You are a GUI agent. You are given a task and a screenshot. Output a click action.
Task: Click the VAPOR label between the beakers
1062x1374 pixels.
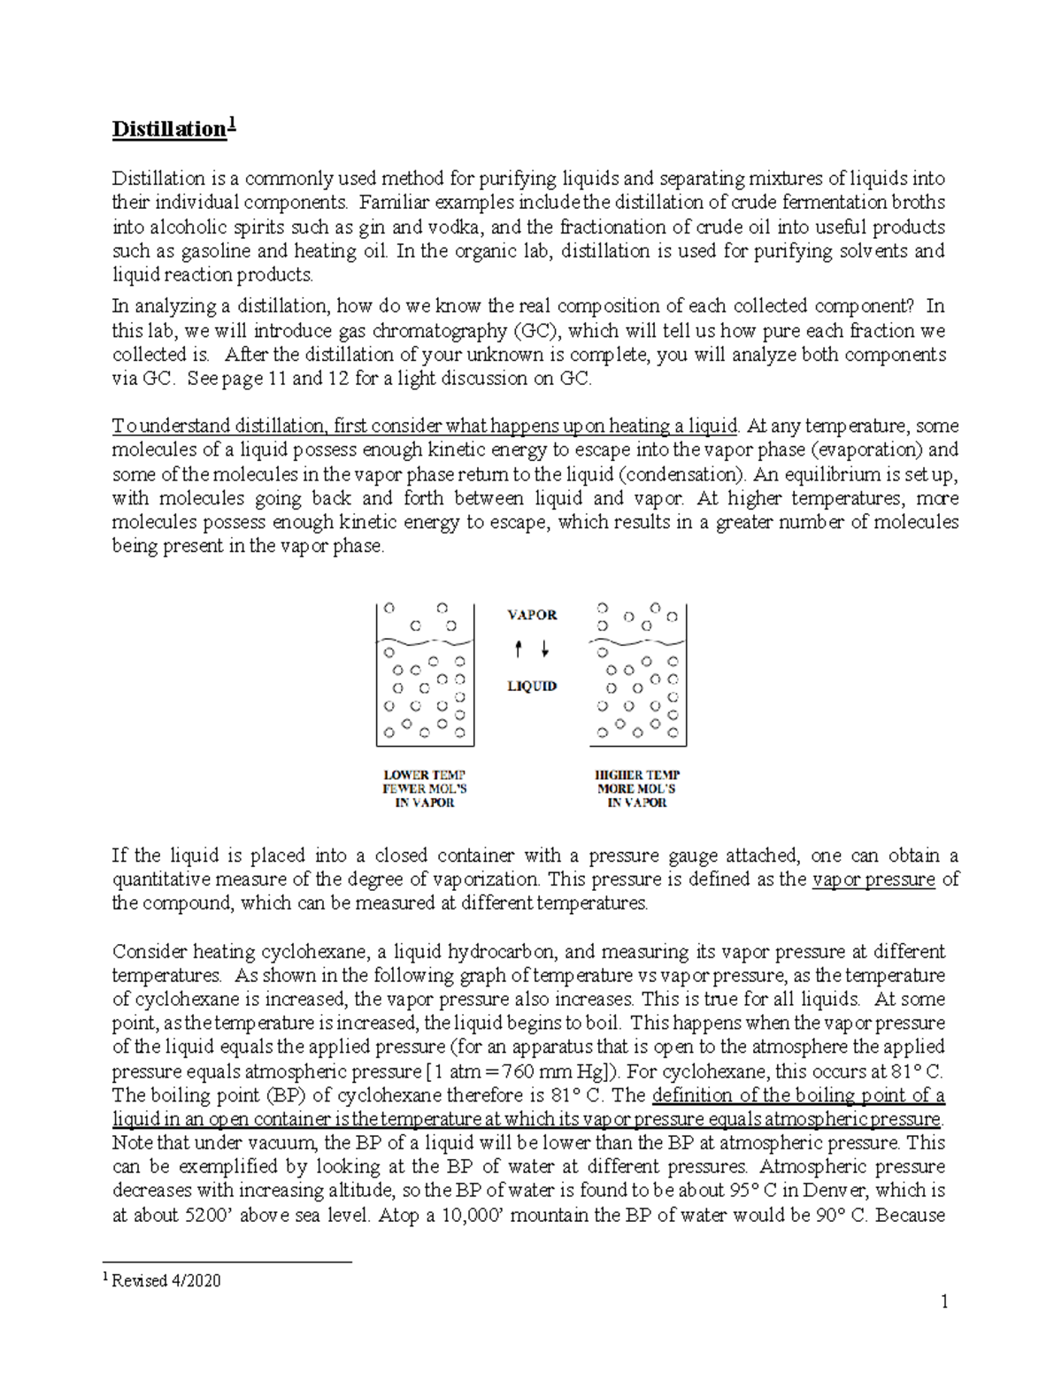pyautogui.click(x=532, y=615)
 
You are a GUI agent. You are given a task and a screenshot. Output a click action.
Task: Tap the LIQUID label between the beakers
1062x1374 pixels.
pyautogui.click(x=532, y=686)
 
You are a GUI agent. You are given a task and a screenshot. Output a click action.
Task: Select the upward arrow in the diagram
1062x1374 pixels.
pyautogui.click(x=519, y=650)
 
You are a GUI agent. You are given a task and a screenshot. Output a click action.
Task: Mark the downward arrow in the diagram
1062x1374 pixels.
pyautogui.click(x=544, y=650)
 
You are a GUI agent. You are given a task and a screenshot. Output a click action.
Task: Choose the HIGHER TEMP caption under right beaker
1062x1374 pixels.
pyautogui.click(x=637, y=775)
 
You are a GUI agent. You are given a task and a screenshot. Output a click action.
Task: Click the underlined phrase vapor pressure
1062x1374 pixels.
pyautogui.click(x=873, y=879)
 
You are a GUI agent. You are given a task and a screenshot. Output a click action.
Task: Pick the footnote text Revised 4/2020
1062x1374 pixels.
pyautogui.click(x=166, y=1280)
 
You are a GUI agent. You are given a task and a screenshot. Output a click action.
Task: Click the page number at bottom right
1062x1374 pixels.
pyautogui.click(x=944, y=1301)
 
